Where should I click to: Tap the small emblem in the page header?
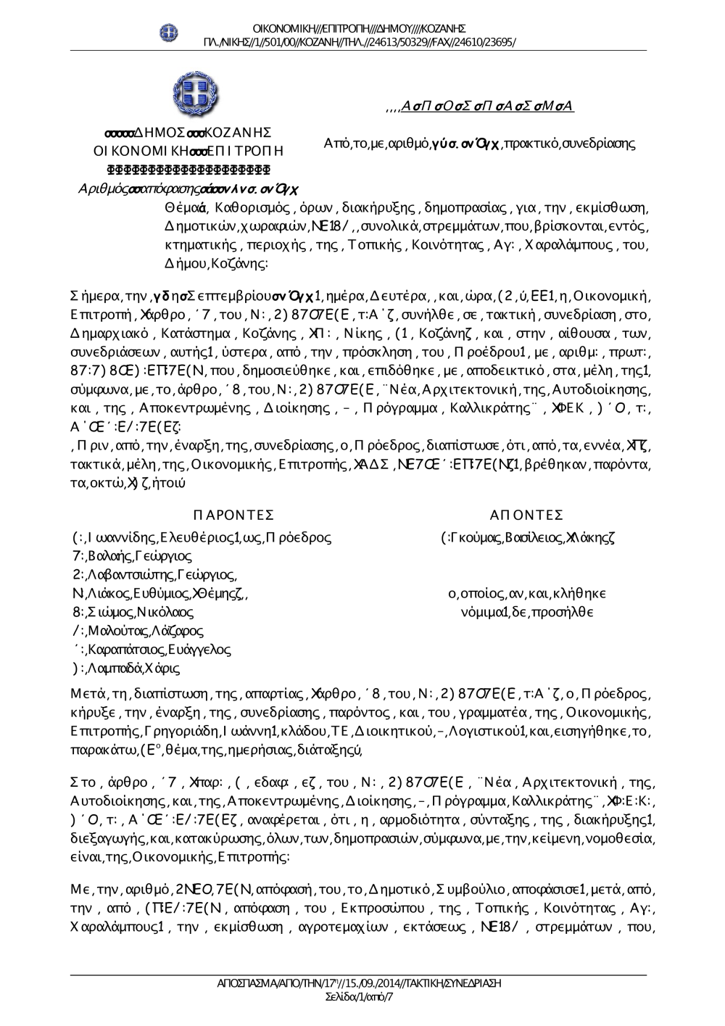click(168, 32)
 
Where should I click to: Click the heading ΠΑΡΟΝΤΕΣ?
click(233, 515)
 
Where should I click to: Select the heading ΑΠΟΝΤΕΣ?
click(526, 515)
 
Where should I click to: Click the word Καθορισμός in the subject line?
click(243, 209)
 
